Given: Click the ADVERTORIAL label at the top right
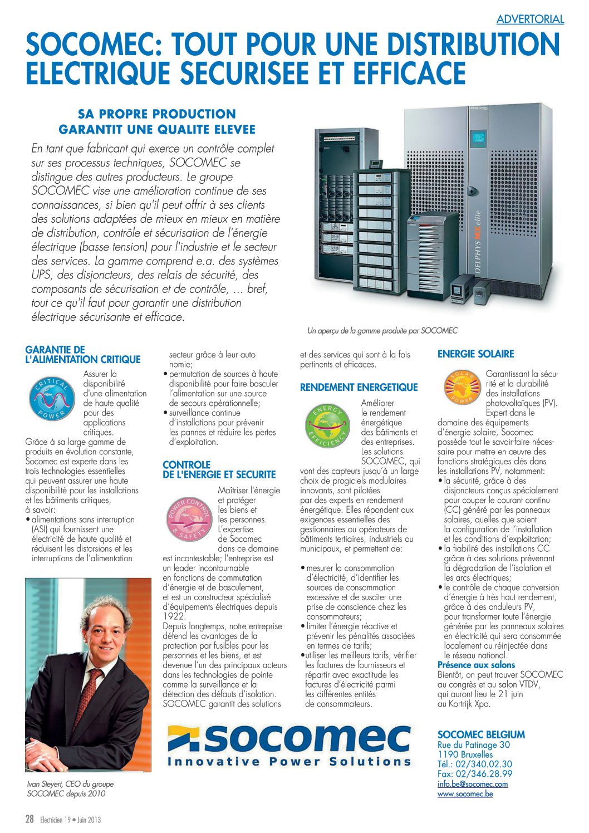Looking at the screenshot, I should [x=530, y=19].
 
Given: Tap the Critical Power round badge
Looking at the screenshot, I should [x=52, y=399].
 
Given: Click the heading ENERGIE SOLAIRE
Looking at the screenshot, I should [x=475, y=354].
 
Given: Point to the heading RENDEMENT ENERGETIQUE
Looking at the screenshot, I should [x=359, y=388].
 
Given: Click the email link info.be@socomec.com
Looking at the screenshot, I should [x=473, y=784].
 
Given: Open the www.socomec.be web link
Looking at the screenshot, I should [x=465, y=793].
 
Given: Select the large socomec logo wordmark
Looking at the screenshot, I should [x=303, y=738].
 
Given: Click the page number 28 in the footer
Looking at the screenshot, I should [x=30, y=819].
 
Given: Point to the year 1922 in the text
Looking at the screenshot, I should [x=173, y=617].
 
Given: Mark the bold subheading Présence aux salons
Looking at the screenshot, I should [x=476, y=665].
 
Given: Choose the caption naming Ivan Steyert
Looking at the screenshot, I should [x=70, y=788].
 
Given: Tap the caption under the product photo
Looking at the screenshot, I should [x=382, y=331].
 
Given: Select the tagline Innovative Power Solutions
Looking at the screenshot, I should [x=289, y=762].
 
